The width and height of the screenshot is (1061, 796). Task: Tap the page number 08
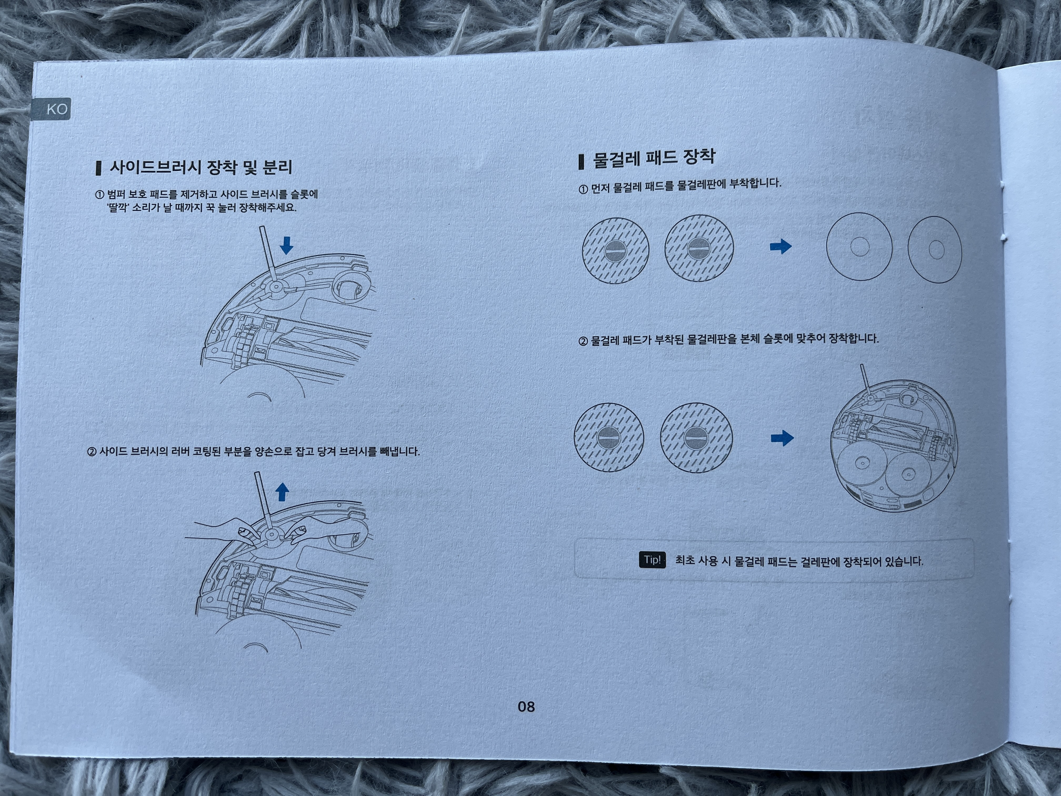pyautogui.click(x=526, y=706)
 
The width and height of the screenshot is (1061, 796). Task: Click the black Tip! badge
pyautogui.click(x=652, y=560)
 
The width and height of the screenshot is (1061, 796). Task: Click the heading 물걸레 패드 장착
pyautogui.click(x=654, y=158)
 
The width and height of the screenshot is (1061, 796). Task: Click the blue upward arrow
pyautogui.click(x=283, y=492)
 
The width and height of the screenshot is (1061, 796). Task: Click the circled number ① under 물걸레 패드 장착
pyautogui.click(x=583, y=189)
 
